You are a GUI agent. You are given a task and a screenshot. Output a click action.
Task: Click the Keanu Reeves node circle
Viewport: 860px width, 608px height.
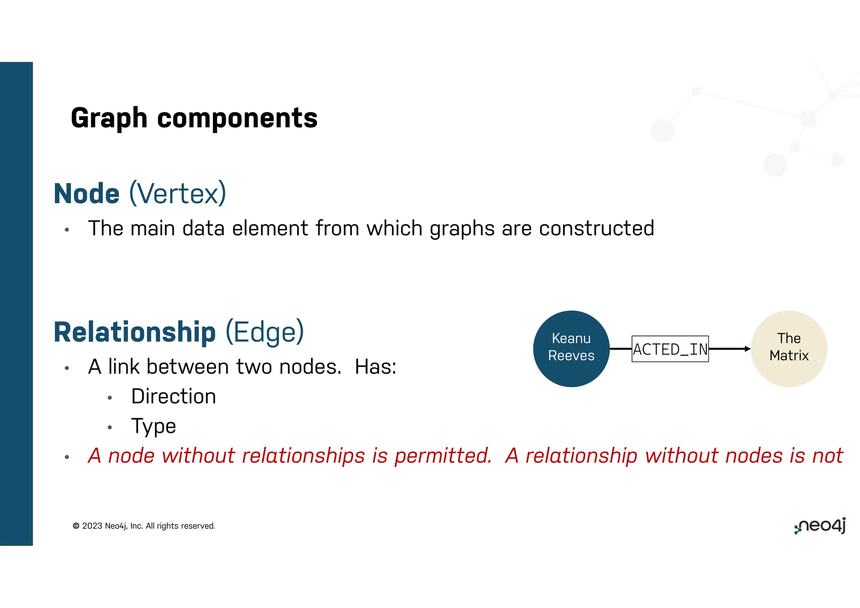pos(571,348)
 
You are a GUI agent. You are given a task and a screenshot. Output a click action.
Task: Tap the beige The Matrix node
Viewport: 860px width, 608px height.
pos(789,348)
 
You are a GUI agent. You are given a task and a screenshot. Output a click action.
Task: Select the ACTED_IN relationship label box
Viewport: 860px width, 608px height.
pos(670,349)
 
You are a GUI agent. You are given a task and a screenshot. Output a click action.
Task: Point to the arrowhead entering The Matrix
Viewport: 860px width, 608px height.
pos(747,349)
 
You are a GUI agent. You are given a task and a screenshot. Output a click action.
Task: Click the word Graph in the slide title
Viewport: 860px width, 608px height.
pos(109,118)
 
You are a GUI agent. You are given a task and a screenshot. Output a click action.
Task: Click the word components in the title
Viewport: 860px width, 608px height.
pos(237,118)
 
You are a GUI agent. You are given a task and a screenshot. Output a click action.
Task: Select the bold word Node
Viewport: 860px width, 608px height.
pos(87,194)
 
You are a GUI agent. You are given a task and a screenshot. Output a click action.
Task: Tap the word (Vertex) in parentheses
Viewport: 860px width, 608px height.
pos(178,194)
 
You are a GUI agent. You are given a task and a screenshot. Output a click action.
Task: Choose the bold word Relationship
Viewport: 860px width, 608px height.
pos(134,332)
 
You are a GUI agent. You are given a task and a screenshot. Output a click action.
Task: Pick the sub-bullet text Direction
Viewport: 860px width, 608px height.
pos(173,396)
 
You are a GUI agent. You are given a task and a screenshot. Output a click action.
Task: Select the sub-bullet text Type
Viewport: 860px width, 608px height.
pos(153,426)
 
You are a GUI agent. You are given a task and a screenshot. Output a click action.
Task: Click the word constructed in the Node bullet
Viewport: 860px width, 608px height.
pos(596,228)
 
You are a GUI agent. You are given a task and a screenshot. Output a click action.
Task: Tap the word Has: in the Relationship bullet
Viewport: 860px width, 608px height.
pos(375,367)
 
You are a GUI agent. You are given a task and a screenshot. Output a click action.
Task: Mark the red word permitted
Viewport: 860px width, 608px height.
pos(443,456)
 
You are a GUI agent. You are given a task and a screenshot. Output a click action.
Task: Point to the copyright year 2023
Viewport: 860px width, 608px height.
pos(92,526)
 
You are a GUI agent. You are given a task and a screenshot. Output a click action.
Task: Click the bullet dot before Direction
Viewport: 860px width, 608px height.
pos(110,398)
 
